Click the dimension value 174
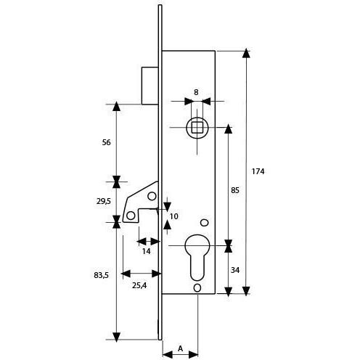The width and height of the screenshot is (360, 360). [x=258, y=171]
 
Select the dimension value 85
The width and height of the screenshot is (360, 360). [x=234, y=190]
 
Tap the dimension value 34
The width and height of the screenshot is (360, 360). [x=235, y=270]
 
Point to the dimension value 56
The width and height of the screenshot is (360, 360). [x=106, y=142]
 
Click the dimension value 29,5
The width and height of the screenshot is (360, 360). [x=104, y=201]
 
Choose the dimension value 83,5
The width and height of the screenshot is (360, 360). [x=101, y=275]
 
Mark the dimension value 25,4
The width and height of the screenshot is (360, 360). [x=139, y=286]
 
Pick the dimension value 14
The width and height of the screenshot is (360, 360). [x=146, y=252]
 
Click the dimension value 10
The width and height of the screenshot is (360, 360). [x=174, y=216]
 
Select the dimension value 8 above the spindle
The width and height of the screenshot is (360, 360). [x=196, y=92]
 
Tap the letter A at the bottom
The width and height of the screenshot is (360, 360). [x=180, y=348]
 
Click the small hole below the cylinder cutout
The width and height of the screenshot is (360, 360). [x=197, y=287]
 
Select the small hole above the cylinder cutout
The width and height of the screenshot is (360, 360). [x=205, y=223]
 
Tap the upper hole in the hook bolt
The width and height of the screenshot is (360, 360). [x=152, y=196]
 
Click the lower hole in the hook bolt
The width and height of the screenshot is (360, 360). [x=131, y=216]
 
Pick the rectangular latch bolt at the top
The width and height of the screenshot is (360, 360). [x=150, y=86]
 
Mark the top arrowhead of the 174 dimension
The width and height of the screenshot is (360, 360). [x=246, y=53]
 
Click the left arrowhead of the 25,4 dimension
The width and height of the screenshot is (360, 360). [x=126, y=274]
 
